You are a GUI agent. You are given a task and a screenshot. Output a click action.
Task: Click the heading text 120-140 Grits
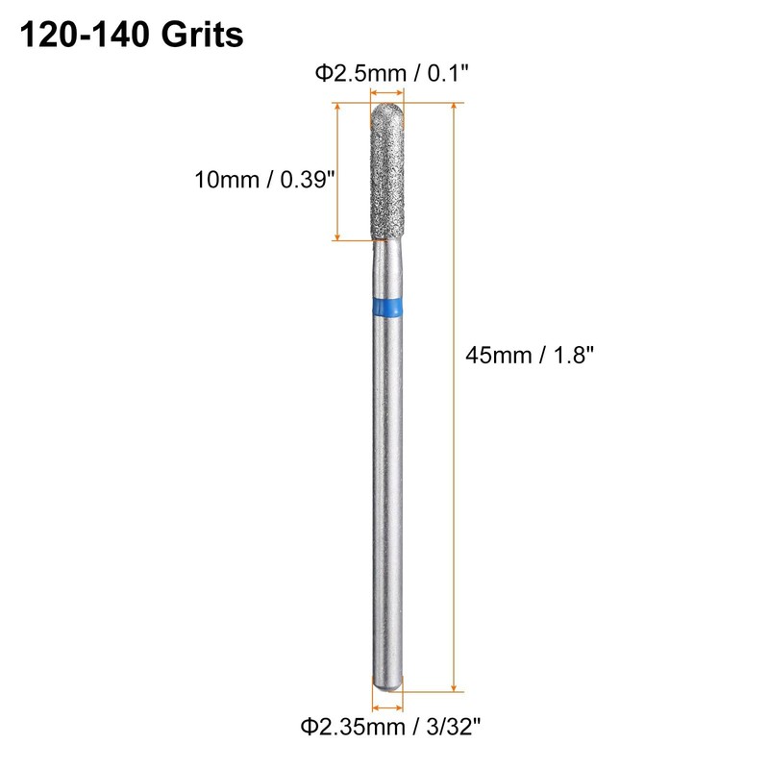pos(132,36)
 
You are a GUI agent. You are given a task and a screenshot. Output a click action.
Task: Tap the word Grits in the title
pos(202,36)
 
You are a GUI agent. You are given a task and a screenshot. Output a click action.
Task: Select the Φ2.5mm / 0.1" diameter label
pos(392,74)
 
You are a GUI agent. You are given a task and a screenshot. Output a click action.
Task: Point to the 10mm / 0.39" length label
pos(265,180)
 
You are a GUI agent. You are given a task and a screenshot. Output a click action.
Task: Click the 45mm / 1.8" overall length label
pos(530,355)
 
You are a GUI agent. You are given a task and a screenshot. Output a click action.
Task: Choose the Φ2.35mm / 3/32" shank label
pos(391,727)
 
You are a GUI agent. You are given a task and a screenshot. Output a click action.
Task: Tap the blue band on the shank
pos(387,307)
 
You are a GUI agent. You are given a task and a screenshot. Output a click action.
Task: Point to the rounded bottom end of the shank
pos(387,685)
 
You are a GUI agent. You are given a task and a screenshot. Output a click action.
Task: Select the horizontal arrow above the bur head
pos(387,92)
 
